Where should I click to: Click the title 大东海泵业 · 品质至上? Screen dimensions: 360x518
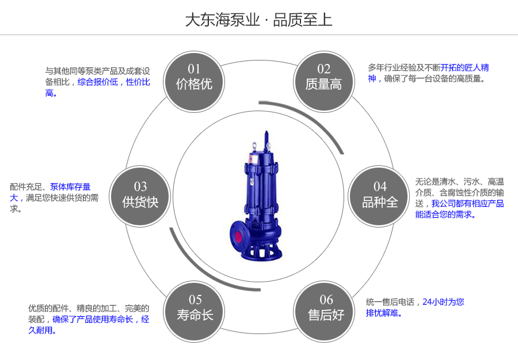point(258,20)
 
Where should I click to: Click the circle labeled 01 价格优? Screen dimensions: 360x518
point(194,78)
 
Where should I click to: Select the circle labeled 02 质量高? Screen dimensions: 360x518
point(323,78)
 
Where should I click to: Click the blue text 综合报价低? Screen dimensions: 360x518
point(97,82)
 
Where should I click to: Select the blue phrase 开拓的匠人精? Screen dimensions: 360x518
point(464,68)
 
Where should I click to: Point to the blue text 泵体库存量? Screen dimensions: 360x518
point(70,187)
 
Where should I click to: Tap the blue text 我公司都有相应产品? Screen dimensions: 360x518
point(467,203)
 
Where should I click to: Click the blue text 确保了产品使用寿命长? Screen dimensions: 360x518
point(93,319)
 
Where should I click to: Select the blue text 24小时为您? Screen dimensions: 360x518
point(443,302)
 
